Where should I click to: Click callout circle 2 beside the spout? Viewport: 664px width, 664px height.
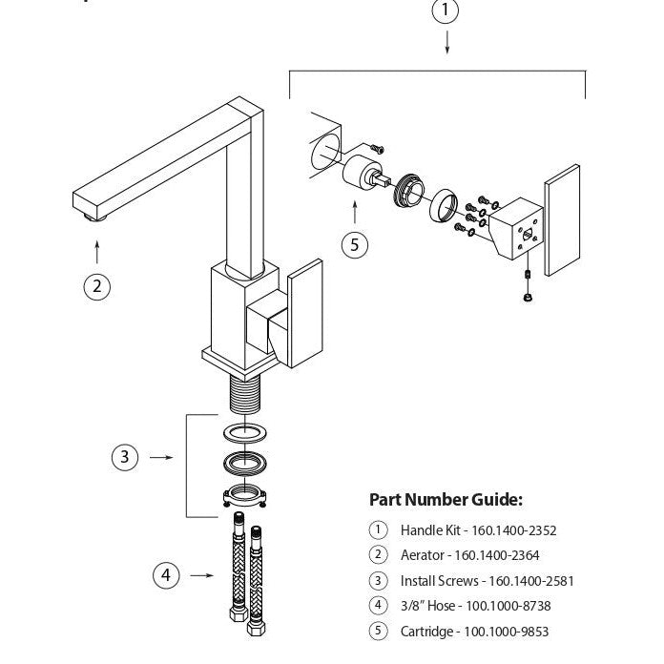click(96, 286)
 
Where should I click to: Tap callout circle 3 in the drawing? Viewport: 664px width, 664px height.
click(124, 457)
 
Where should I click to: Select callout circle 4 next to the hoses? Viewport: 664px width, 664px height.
click(166, 575)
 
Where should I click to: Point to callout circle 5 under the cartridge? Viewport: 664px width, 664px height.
click(355, 244)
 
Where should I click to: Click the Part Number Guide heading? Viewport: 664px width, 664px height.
click(446, 500)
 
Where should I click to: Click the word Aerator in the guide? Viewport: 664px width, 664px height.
click(422, 555)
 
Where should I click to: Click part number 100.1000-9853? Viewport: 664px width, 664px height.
click(506, 631)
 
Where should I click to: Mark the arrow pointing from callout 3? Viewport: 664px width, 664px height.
click(161, 458)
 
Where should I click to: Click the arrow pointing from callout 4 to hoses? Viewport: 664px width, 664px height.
click(201, 576)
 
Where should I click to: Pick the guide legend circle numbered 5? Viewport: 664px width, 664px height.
click(378, 631)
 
